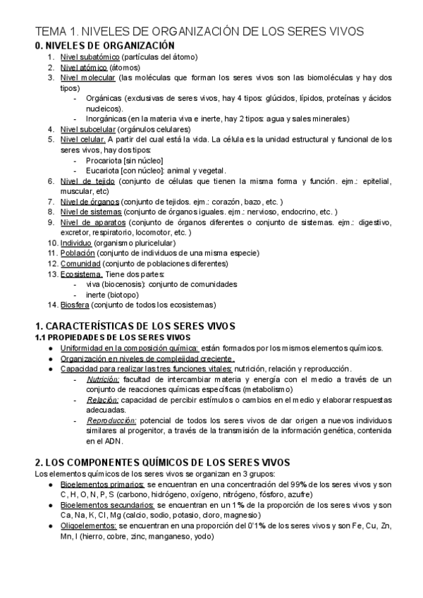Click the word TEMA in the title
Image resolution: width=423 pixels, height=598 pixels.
51,31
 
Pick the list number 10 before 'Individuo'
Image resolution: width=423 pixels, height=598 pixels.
52,243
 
